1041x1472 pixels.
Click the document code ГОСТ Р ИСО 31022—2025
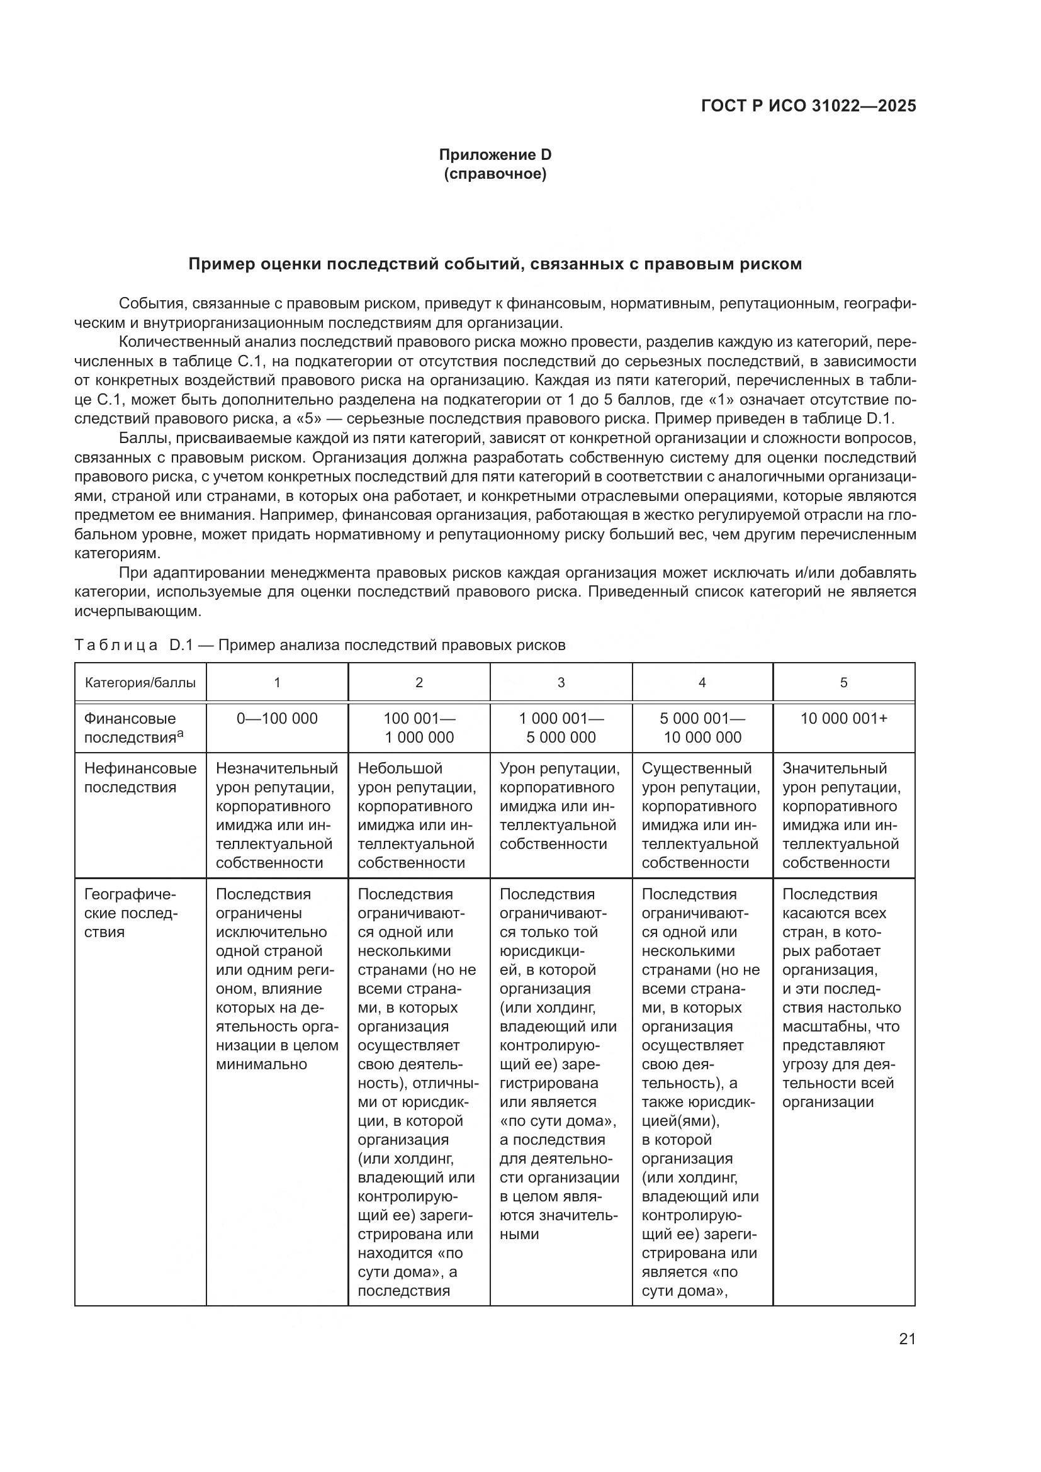(808, 106)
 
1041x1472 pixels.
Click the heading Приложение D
(495, 155)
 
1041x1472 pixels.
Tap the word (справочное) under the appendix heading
(495, 174)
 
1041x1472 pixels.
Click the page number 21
(907, 1339)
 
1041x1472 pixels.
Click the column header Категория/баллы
(140, 683)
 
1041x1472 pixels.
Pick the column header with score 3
(561, 683)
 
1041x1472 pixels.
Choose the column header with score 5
(843, 683)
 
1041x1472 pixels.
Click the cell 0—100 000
(277, 719)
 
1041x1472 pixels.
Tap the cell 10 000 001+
(843, 719)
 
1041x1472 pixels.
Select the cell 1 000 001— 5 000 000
(561, 728)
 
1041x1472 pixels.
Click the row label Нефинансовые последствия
(140, 777)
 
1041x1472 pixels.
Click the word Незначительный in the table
(277, 768)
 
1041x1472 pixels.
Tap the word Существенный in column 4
(695, 768)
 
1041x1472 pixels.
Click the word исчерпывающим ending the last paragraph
(137, 611)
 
